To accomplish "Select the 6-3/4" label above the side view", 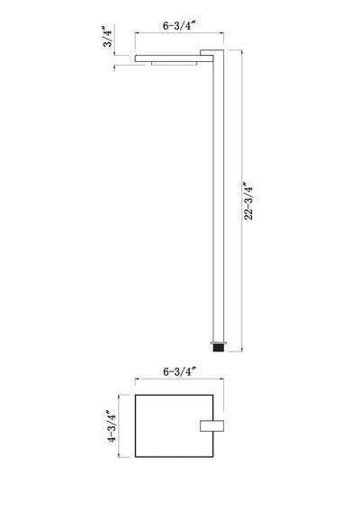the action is pos(179,25).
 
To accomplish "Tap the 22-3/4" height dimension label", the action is pos(249,201).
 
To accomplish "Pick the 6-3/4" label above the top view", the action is pos(179,371).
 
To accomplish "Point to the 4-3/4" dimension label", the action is pos(112,426).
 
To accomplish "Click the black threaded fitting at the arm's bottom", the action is pos(219,348).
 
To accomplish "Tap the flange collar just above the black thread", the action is pos(219,344).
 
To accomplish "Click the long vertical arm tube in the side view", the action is pos(219,198).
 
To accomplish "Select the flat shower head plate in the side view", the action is pos(174,58).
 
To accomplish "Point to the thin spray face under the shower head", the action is pos(175,64).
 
